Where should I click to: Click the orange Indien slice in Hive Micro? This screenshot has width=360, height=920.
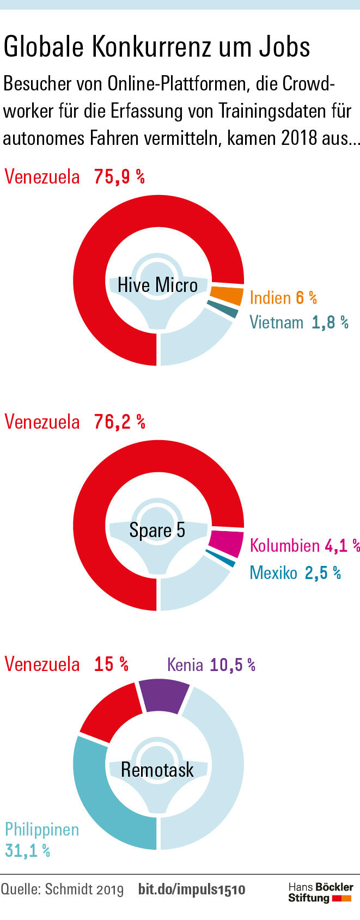pos(227,295)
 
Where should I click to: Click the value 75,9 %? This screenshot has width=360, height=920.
pos(119,177)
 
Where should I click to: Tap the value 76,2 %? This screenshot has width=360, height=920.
pos(119,422)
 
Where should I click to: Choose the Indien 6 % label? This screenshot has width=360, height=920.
pos(283,297)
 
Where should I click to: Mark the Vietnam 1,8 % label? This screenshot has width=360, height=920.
pos(299,322)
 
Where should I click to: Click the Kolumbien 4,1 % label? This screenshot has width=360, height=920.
pos(304,545)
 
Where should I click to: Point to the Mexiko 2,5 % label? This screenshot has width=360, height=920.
pos(295,572)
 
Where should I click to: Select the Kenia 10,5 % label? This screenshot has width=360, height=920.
pos(211,665)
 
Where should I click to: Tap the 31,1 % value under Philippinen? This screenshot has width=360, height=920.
pos(28,850)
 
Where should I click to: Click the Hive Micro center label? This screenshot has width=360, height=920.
pos(158,285)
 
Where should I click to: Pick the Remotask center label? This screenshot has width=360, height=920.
pos(157,770)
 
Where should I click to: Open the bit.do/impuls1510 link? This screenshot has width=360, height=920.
pos(192,889)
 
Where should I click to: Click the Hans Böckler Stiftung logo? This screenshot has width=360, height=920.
pos(320,893)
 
